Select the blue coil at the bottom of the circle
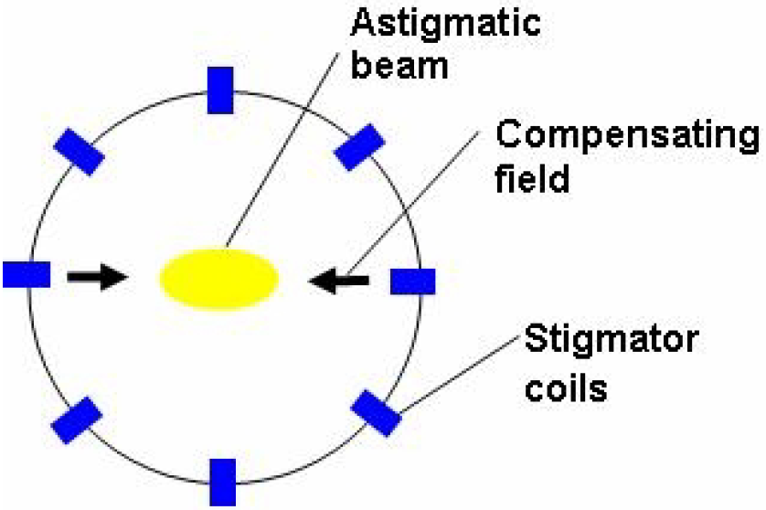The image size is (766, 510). point(223,482)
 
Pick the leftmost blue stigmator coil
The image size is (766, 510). point(26,273)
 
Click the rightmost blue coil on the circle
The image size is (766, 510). point(412,282)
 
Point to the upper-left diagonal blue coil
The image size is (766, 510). point(80,151)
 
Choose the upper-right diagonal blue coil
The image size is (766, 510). point(359,147)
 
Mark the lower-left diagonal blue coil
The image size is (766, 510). point(76,420)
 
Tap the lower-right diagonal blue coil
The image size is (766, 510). point(377,412)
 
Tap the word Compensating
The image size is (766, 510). point(626,137)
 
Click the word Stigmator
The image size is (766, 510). point(612,342)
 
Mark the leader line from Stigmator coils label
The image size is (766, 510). point(457,376)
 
